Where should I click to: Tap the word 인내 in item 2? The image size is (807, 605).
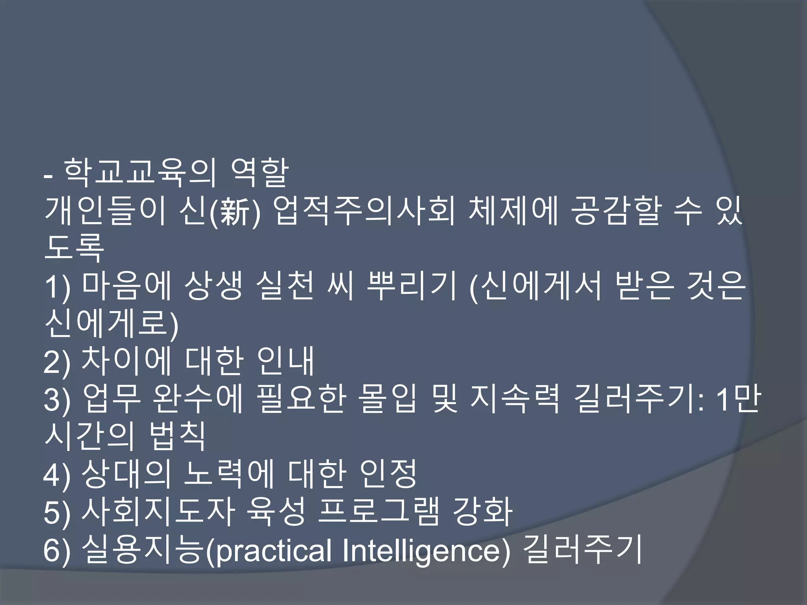tap(285, 361)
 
